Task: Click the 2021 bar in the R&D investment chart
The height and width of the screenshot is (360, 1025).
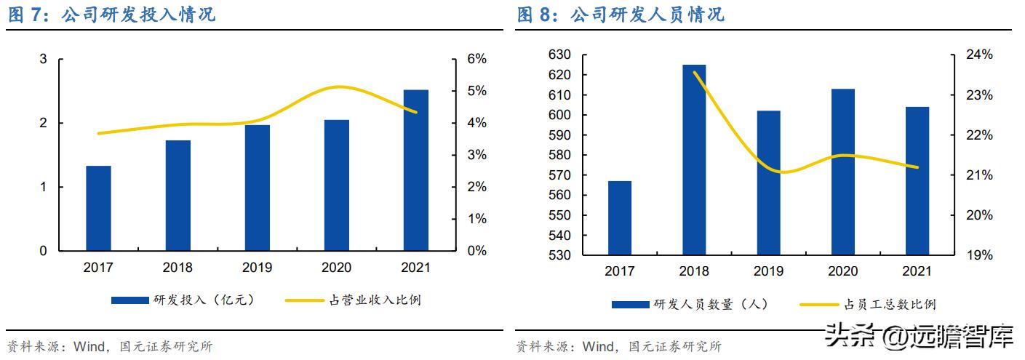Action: point(416,170)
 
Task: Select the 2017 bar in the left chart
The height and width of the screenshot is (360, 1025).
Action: point(98,208)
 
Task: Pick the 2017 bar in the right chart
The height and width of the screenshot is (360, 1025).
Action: point(619,218)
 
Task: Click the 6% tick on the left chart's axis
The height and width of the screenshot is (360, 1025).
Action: point(476,60)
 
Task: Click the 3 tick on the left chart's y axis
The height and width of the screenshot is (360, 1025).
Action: point(43,60)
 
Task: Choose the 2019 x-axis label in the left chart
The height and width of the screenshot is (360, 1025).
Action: point(257,268)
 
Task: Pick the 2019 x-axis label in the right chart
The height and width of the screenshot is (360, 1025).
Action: point(768,271)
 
